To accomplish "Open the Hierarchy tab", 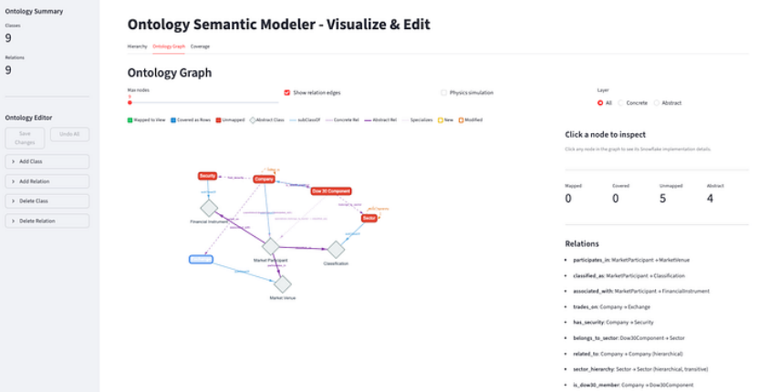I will (137, 46).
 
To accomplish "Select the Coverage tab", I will (200, 46).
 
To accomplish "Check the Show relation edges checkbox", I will (287, 92).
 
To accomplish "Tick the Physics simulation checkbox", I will (444, 92).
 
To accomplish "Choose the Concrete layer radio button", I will (620, 103).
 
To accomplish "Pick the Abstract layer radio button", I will (655, 103).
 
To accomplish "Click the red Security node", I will (208, 175).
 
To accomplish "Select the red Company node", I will (264, 179).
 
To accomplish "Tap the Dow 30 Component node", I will (330, 191).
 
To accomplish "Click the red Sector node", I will (369, 219).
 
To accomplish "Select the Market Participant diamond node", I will (270, 246).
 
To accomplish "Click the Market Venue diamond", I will (282, 284).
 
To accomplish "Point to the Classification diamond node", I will (336, 249).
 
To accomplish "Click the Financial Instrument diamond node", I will (209, 208).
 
